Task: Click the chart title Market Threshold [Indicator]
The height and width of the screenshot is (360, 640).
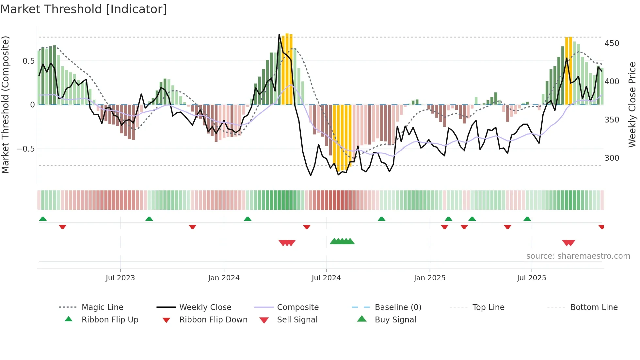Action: pyautogui.click(x=84, y=9)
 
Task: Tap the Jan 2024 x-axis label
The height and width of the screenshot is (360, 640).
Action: pyautogui.click(x=224, y=278)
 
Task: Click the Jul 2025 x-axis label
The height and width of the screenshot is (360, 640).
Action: pyautogui.click(x=531, y=278)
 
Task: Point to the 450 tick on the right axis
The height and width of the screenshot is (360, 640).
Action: pyautogui.click(x=612, y=43)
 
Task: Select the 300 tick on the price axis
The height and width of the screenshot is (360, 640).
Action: pyautogui.click(x=612, y=158)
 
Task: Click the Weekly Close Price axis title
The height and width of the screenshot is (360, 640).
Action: pyautogui.click(x=632, y=105)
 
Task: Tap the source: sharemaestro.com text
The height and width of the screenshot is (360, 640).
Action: pyautogui.click(x=578, y=256)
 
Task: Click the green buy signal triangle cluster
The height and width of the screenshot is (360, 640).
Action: pyautogui.click(x=342, y=242)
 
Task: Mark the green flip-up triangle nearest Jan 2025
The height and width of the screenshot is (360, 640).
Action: pyautogui.click(x=448, y=219)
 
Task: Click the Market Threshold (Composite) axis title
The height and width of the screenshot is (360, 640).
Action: pyautogui.click(x=5, y=105)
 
